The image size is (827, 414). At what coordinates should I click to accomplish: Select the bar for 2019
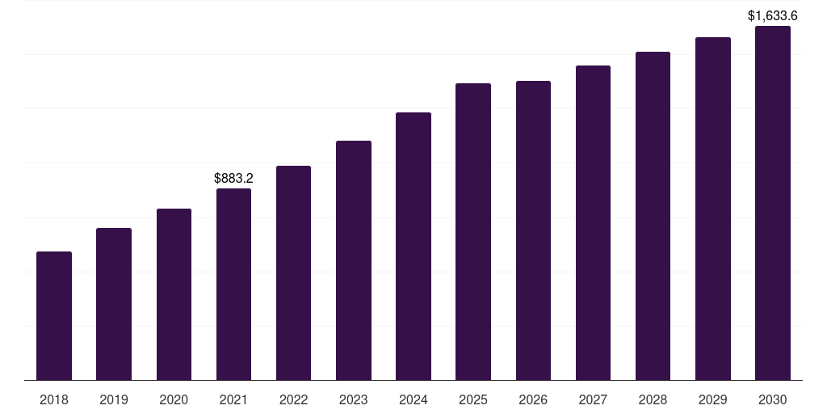tap(114, 304)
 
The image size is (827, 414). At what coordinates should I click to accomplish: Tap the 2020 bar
tap(174, 294)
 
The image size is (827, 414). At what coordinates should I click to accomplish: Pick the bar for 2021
tap(233, 284)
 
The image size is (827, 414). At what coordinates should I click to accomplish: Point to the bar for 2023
tap(354, 260)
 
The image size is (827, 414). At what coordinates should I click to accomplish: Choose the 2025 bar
tap(473, 231)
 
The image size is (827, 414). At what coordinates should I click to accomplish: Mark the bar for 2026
tap(533, 230)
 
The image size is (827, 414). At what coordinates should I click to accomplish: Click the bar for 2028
tap(653, 216)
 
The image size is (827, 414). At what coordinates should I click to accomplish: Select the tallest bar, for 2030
tap(773, 203)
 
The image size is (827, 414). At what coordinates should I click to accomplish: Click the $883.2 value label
tap(233, 178)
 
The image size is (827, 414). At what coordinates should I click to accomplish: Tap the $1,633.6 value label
tap(773, 15)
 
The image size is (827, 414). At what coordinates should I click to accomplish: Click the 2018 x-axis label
tap(54, 399)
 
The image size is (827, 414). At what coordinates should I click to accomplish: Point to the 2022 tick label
tap(293, 399)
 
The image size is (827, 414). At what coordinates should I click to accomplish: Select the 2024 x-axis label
tap(413, 399)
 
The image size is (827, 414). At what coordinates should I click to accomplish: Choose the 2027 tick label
tap(593, 399)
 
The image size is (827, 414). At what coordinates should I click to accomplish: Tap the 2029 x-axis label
tap(713, 399)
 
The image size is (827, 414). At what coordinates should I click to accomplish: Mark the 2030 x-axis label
tap(773, 399)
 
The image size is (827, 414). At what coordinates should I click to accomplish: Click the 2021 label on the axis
tap(233, 399)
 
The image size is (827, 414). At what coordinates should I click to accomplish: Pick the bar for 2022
tap(293, 272)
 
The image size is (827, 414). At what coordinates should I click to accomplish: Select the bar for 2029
tap(713, 209)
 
